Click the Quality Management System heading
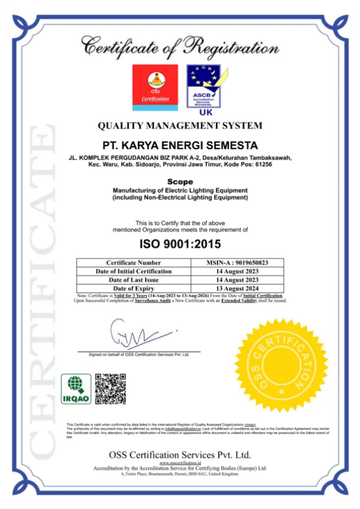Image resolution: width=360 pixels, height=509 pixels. click(180, 125)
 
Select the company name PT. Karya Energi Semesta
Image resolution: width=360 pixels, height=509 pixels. click(180, 146)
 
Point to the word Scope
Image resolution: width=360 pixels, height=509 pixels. click(180, 181)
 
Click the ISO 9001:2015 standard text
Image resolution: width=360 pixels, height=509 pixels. click(180, 244)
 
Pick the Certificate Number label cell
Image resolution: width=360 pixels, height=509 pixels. click(133, 263)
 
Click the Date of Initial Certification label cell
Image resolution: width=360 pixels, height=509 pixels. click(133, 271)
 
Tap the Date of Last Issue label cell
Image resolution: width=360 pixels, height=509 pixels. click(133, 279)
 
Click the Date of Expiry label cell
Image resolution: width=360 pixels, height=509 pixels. click(133, 288)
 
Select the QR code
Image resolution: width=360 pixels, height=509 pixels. click(110, 388)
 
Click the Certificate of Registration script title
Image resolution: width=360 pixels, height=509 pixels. click(180, 47)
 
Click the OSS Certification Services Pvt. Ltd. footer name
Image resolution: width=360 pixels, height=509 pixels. click(180, 454)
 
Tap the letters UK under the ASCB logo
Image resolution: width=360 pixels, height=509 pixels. click(203, 112)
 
